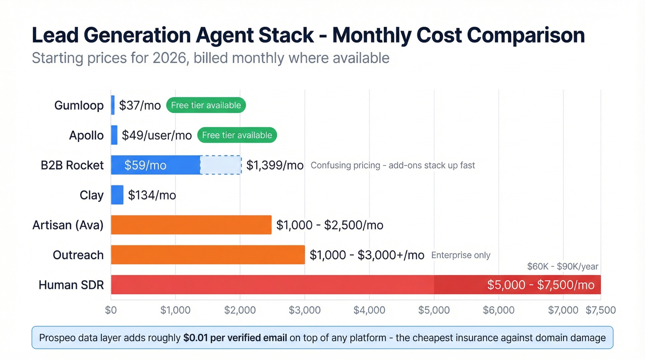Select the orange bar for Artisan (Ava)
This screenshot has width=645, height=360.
(191, 225)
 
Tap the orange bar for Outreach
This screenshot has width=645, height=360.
(207, 255)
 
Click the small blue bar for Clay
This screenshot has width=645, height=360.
(117, 195)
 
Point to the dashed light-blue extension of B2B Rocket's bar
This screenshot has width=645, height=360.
(221, 165)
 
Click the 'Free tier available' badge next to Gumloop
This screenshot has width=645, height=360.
(206, 105)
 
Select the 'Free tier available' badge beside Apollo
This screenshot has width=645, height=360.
(237, 135)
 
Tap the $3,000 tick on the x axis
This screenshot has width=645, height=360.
(305, 310)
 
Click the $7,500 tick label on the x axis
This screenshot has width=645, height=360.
(600, 310)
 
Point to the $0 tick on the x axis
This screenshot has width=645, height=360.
(111, 310)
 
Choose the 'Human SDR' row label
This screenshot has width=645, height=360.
(71, 285)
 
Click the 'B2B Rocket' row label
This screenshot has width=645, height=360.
(72, 165)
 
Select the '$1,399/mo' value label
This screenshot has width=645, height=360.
(275, 165)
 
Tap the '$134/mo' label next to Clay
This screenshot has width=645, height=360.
(152, 195)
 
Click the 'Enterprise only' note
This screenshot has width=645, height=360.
(461, 255)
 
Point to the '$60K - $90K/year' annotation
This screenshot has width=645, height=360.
(563, 266)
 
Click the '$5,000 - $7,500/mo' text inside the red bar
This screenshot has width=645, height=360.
(540, 285)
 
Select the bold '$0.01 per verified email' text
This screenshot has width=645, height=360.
(235, 338)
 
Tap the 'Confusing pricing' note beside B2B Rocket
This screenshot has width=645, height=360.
(393, 165)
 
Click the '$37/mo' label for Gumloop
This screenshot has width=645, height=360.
(140, 105)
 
